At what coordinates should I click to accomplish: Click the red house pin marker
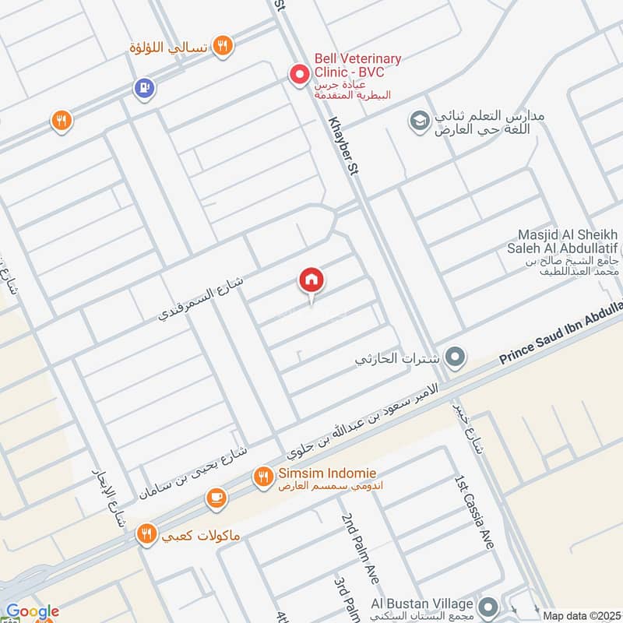tap(311, 280)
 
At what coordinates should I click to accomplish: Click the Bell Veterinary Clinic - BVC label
tap(357, 65)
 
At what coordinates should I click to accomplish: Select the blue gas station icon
tap(144, 89)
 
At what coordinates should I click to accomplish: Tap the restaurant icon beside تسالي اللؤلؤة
tap(224, 47)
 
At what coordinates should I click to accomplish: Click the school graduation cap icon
tap(419, 121)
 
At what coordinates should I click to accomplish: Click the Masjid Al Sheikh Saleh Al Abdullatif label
tap(567, 241)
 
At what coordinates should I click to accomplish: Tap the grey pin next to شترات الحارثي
tap(456, 358)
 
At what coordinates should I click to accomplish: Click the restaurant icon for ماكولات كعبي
tap(146, 535)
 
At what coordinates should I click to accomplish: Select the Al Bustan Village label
tap(421, 604)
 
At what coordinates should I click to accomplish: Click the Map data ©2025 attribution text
tap(580, 615)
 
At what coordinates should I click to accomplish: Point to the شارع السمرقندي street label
tap(201, 298)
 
